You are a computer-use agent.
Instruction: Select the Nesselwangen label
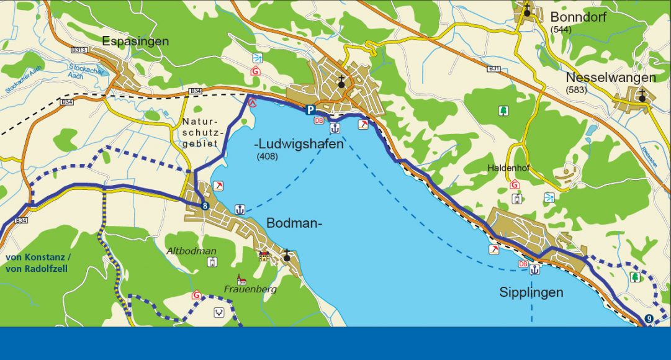pyautogui.click(x=611, y=78)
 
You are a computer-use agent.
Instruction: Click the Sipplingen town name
pyautogui.click(x=531, y=292)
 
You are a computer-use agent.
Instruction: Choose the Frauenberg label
pyautogui.click(x=250, y=289)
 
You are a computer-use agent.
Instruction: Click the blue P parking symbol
pyautogui.click(x=309, y=110)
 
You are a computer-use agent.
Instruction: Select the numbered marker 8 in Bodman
pyautogui.click(x=205, y=206)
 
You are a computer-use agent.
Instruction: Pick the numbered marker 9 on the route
pyautogui.click(x=649, y=319)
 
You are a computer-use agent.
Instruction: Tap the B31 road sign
pyautogui.click(x=494, y=68)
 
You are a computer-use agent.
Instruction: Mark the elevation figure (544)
pyautogui.click(x=561, y=29)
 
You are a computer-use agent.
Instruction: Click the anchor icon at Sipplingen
pyautogui.click(x=534, y=269)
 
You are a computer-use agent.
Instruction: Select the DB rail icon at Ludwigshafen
pyautogui.click(x=319, y=121)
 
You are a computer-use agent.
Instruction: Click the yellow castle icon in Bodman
pyautogui.click(x=264, y=255)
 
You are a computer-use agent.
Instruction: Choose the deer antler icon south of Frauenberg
pyautogui.click(x=218, y=312)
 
